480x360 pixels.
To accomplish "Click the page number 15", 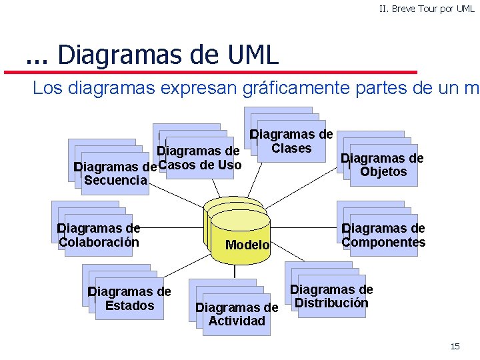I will [x=455, y=346].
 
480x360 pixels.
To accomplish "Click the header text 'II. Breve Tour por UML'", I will [x=427, y=9].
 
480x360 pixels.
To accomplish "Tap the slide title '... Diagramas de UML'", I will [x=152, y=55].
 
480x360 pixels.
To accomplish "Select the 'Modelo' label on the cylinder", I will [x=247, y=245].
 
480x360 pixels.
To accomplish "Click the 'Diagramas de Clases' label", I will [x=291, y=141].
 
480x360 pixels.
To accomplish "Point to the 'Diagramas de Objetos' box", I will [x=382, y=165].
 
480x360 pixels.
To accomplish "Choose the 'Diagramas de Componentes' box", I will [x=383, y=235].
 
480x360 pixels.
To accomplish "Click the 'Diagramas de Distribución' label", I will [x=331, y=296].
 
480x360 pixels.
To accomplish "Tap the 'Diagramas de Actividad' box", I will [x=236, y=314].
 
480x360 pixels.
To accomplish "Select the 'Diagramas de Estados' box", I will [x=129, y=299].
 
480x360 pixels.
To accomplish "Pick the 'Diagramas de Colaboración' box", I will [x=99, y=235].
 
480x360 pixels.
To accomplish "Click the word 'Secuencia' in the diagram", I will [x=116, y=180].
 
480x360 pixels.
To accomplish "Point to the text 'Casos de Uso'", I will [x=201, y=165].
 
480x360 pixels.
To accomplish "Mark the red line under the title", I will [x=220, y=71].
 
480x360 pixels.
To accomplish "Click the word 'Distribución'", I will [x=331, y=303].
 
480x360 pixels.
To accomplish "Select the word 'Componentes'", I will [x=383, y=242].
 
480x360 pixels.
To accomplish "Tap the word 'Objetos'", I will [x=383, y=172].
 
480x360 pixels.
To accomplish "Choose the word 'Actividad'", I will [x=237, y=321].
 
